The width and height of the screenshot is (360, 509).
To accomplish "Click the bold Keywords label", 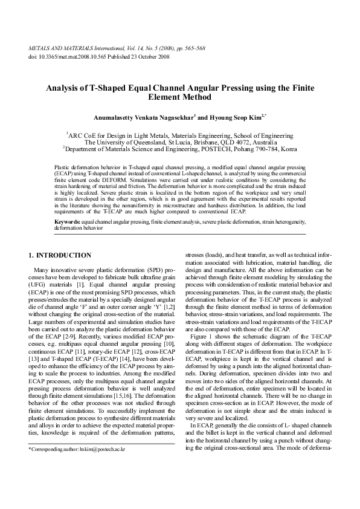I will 67,223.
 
